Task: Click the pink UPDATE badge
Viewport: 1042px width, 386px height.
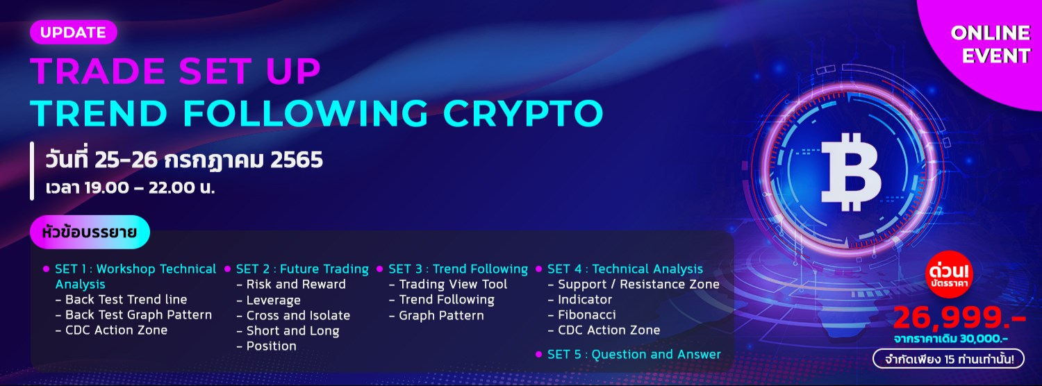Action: click(x=73, y=33)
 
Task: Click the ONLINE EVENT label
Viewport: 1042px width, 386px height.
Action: click(x=990, y=44)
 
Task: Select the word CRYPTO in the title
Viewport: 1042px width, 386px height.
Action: click(x=531, y=113)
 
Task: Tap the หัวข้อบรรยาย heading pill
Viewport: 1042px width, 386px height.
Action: click(x=90, y=232)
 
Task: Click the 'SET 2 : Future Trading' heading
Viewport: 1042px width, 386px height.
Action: click(x=302, y=269)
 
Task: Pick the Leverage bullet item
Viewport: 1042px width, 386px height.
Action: click(x=274, y=300)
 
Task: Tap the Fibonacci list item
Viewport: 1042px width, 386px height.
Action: click(x=587, y=314)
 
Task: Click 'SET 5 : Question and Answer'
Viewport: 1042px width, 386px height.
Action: click(x=634, y=354)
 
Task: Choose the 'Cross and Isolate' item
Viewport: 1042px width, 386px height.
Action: click(x=298, y=315)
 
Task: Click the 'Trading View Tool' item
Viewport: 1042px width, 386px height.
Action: click(x=453, y=284)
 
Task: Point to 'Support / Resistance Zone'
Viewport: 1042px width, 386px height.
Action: click(x=638, y=284)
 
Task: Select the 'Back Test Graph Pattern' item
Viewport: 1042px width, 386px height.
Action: click(x=138, y=314)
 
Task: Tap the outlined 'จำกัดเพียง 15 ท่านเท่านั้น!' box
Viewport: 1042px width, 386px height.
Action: click(x=948, y=359)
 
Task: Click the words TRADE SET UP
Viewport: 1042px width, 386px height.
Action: click(x=175, y=71)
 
